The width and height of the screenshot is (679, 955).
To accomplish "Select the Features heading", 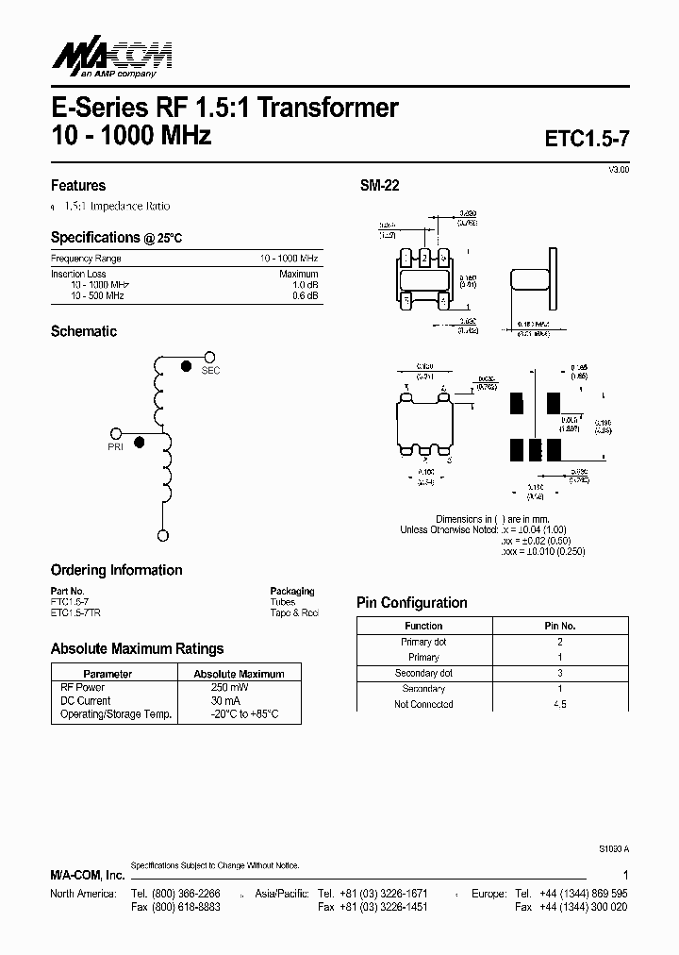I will [x=78, y=186].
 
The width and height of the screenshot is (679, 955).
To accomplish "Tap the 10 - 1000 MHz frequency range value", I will [x=290, y=259].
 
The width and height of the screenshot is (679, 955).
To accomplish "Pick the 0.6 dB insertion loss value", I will [x=306, y=296].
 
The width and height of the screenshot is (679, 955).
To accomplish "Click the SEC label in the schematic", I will [x=210, y=371].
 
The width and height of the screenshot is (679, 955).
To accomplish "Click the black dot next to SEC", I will [x=186, y=365].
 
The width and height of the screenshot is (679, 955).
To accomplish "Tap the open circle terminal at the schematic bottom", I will [x=163, y=536].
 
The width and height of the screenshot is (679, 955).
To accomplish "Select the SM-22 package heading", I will [x=379, y=186].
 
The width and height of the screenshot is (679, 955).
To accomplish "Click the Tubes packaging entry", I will [x=282, y=601].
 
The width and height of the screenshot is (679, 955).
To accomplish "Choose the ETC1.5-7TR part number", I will [x=76, y=612].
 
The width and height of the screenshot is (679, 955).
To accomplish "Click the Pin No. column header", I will [x=560, y=626].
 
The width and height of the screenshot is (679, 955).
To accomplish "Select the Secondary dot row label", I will [x=423, y=673].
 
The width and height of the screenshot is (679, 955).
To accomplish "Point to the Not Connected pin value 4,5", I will [x=560, y=704].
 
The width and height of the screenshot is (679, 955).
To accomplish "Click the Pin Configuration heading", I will [x=411, y=603].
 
